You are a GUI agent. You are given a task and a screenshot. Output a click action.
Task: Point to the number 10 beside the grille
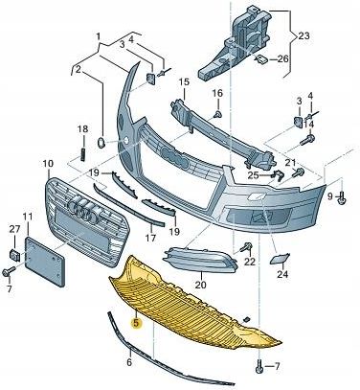(x=48, y=163)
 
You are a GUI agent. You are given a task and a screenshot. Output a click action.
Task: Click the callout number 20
(x=200, y=284)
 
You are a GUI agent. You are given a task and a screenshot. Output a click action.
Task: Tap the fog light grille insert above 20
(x=198, y=259)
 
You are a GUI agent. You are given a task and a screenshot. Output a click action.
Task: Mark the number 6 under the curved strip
(x=129, y=363)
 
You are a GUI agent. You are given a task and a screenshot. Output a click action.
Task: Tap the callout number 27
(x=13, y=229)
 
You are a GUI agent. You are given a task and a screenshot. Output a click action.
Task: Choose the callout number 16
(x=217, y=93)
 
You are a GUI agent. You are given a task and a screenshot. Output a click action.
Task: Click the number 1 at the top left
(x=98, y=35)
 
